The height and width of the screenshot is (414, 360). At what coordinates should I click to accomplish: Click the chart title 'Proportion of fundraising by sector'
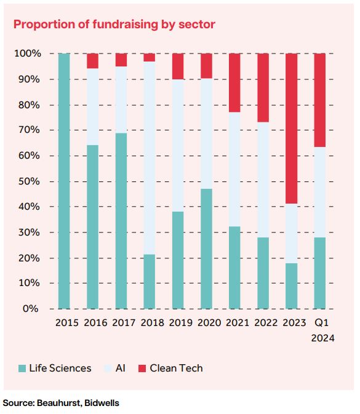coord(114,25)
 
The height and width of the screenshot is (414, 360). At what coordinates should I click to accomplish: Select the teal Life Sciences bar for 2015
coord(64,181)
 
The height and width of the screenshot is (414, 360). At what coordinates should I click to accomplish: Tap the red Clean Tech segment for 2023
coord(291,129)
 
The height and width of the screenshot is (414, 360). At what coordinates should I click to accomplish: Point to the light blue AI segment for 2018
coord(149,158)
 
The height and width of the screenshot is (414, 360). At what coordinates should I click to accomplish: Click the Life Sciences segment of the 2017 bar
coord(121,221)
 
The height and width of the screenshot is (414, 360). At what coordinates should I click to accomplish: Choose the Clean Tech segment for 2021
coord(234,82)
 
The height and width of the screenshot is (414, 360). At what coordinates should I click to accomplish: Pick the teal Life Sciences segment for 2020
coord(206,249)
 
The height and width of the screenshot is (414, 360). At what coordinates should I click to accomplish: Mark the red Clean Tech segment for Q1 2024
coord(319,100)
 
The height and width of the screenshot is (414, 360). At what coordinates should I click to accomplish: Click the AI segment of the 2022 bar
coord(263,180)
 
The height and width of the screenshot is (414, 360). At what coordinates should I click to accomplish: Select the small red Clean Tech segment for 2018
coord(149,57)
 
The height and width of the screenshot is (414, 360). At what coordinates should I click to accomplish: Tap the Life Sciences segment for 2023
coord(291,286)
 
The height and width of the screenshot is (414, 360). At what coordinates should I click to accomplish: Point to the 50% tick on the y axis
coord(29,181)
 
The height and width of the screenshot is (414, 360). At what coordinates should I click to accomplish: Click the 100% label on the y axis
coord(28,54)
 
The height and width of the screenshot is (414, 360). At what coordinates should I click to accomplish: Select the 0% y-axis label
coord(30,309)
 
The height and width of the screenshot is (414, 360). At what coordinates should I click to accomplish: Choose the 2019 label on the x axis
coord(181,322)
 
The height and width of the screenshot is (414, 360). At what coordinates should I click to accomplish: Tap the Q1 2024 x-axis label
coord(322,330)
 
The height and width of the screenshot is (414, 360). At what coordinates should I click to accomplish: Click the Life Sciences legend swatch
coord(22,368)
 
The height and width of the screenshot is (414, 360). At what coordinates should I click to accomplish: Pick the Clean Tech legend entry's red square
coord(142,368)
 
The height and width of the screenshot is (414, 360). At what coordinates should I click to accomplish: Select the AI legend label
coord(121,368)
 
